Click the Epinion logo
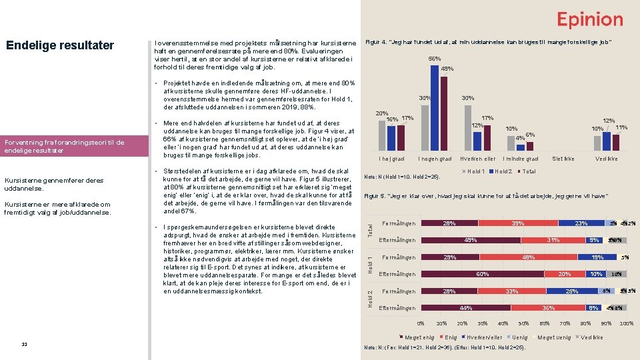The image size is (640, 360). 590,19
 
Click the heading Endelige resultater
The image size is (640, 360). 60,45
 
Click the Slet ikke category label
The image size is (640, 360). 563,159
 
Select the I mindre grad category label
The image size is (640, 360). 521,159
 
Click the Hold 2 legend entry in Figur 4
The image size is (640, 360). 502,171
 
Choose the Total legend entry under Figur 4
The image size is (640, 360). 526,171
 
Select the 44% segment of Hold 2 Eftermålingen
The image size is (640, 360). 467,308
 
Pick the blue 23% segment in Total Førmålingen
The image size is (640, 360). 581,223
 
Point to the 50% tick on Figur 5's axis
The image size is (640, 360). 524,323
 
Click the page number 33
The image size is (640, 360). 24,344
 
